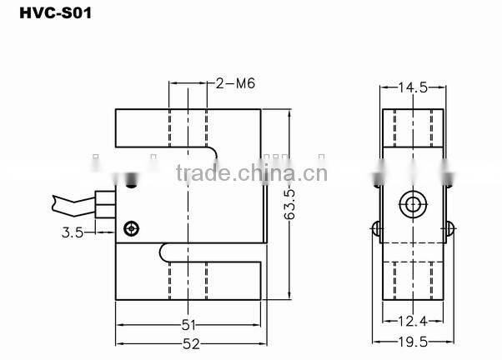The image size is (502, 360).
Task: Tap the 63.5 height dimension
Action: (x=289, y=204)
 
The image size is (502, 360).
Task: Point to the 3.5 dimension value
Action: (x=73, y=233)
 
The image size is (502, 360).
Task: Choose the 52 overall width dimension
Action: (x=190, y=342)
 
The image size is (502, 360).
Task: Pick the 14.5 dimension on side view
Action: (x=413, y=87)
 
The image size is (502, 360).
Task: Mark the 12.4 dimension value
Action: (x=413, y=321)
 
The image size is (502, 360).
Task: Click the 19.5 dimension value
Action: (x=413, y=342)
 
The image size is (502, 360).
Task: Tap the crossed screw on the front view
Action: (x=129, y=229)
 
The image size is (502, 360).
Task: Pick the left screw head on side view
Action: (x=376, y=228)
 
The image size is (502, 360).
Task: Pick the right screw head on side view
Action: (x=449, y=228)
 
